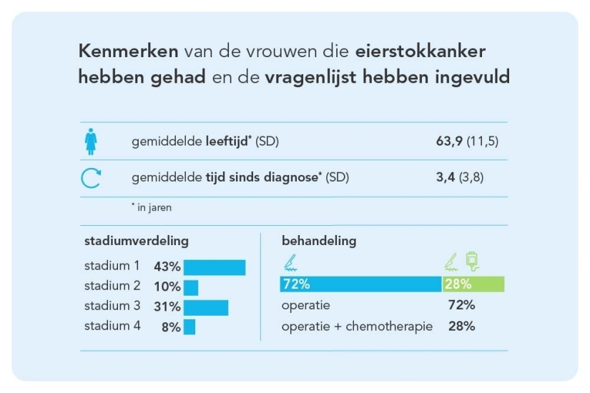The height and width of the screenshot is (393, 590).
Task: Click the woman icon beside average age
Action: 92,141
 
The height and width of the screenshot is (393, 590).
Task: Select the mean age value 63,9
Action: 449,141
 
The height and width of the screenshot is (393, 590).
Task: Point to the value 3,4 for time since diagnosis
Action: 446,178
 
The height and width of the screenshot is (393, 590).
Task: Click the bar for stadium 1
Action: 214,267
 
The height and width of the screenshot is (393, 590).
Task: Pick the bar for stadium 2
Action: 190,287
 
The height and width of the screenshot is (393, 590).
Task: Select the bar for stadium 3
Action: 205,307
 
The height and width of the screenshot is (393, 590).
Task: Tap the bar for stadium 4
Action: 189,327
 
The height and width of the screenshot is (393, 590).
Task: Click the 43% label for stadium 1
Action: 167,267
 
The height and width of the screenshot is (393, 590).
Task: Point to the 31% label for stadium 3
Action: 167,307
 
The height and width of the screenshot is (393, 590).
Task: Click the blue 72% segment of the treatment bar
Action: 360,284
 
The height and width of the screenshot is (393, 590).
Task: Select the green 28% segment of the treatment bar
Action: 473,284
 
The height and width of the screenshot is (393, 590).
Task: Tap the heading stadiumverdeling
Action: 137,242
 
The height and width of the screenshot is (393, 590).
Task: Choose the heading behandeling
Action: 319,242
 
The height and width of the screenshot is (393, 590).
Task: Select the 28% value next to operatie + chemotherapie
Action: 461,327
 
